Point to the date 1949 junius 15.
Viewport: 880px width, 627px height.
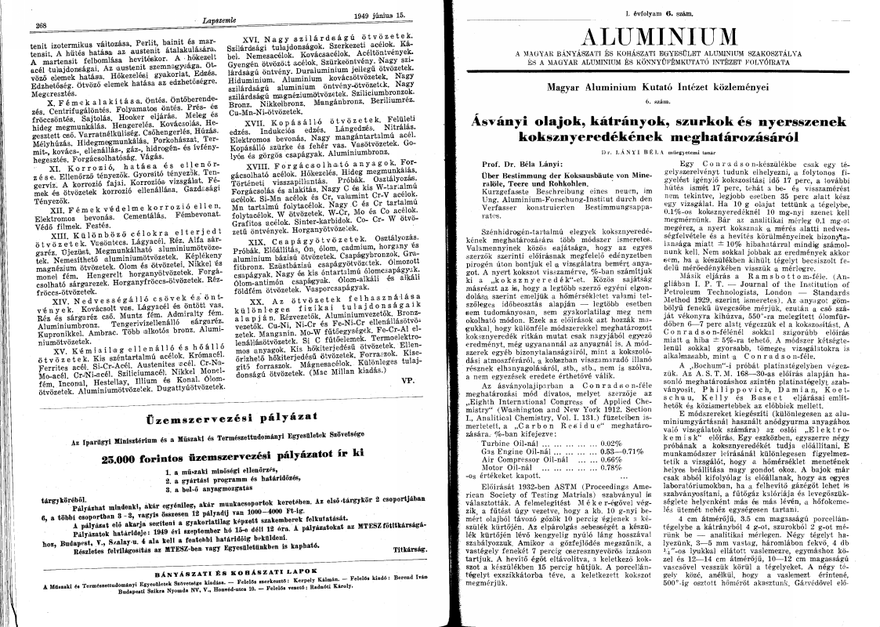point(378,15)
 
